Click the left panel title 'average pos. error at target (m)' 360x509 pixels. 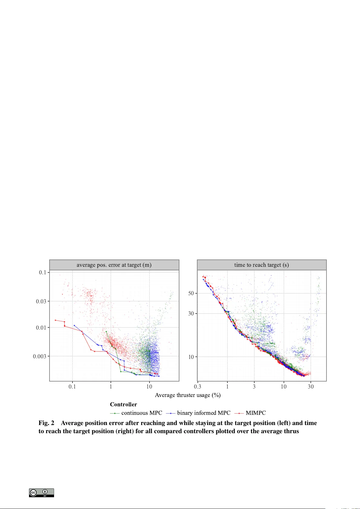tap(114, 265)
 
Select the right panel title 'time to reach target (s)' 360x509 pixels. tap(261, 265)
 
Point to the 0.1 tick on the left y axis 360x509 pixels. tap(43, 272)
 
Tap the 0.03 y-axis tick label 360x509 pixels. tap(41, 301)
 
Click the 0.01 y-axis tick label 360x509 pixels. tap(41, 327)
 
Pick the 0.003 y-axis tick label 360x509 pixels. tap(40, 356)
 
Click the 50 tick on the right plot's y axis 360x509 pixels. tap(191, 293)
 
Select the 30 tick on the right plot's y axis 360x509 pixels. tap(191, 314)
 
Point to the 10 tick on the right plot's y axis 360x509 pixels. tap(191, 357)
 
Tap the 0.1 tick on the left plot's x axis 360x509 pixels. tap(72, 387)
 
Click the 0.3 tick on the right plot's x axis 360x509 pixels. tap(198, 387)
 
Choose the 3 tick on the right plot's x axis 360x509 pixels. tap(254, 387)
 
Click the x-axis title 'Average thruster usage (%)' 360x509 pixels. tap(188, 395)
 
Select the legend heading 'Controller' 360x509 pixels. tap(123, 404)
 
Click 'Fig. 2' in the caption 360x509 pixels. tap(46, 423)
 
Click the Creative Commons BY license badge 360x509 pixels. tap(41, 493)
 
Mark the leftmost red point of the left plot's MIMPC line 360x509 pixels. tap(55, 320)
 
